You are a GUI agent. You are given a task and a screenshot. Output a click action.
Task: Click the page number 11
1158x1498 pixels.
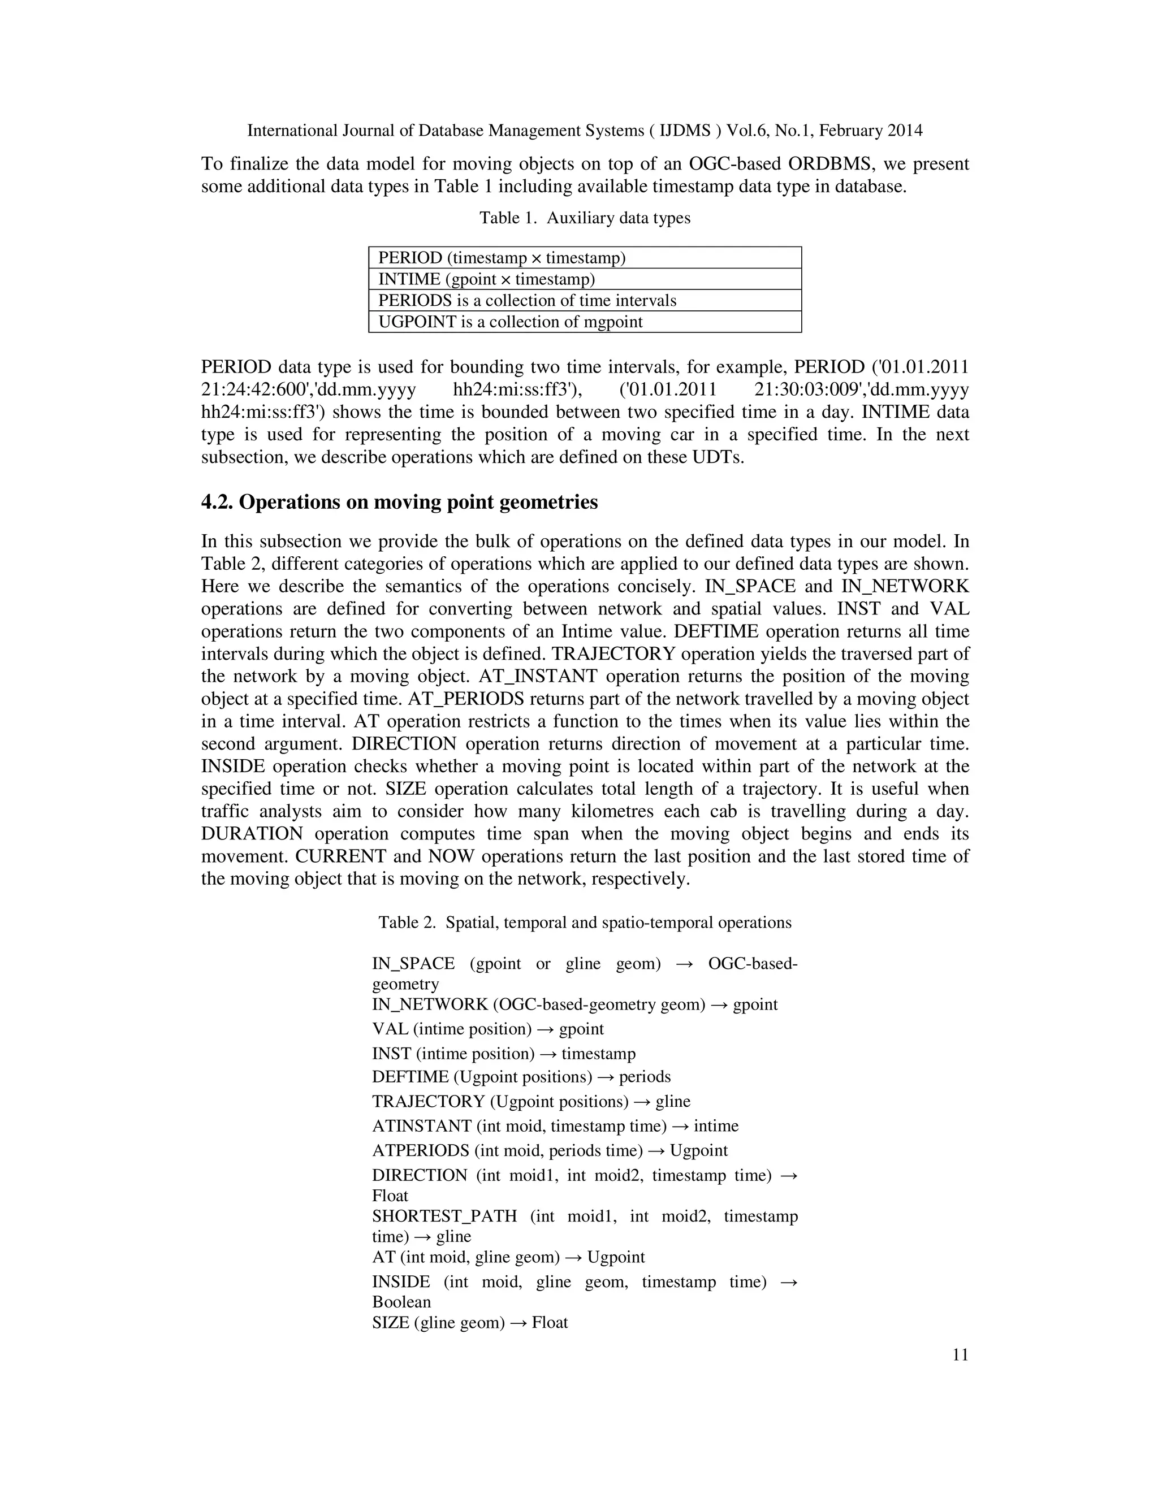960,1354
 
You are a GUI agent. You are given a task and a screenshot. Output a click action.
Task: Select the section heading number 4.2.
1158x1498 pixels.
217,502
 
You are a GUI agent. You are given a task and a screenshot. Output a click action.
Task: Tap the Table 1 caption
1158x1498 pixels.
585,218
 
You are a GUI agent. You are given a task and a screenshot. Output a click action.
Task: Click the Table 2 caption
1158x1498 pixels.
585,923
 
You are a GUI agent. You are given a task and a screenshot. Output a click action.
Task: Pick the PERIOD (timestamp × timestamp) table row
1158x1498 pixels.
585,258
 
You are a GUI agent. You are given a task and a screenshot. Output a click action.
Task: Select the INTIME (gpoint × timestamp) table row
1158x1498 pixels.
585,279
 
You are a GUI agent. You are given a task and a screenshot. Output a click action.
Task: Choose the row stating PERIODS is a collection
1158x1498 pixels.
585,300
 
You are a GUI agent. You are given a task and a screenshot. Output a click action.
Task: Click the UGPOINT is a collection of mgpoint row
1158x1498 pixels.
585,322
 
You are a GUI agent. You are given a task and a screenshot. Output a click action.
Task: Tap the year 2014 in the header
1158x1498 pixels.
904,131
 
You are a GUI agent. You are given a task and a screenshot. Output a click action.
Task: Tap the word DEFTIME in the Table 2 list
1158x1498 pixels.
411,1076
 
